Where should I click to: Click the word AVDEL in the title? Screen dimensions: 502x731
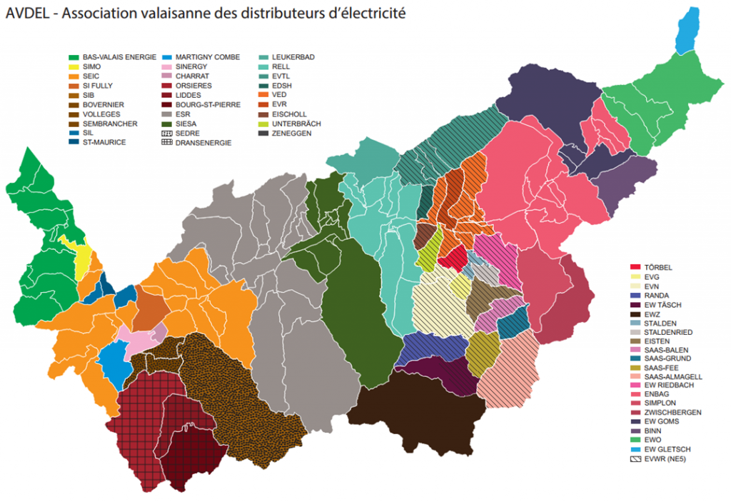coord(29,14)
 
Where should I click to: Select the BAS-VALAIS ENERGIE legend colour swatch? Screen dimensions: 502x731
coord(73,57)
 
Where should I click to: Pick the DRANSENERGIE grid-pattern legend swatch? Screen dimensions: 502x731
coord(167,143)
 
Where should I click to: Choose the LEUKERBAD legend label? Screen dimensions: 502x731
coord(293,57)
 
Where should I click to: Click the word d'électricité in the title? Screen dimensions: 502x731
coord(361,14)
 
